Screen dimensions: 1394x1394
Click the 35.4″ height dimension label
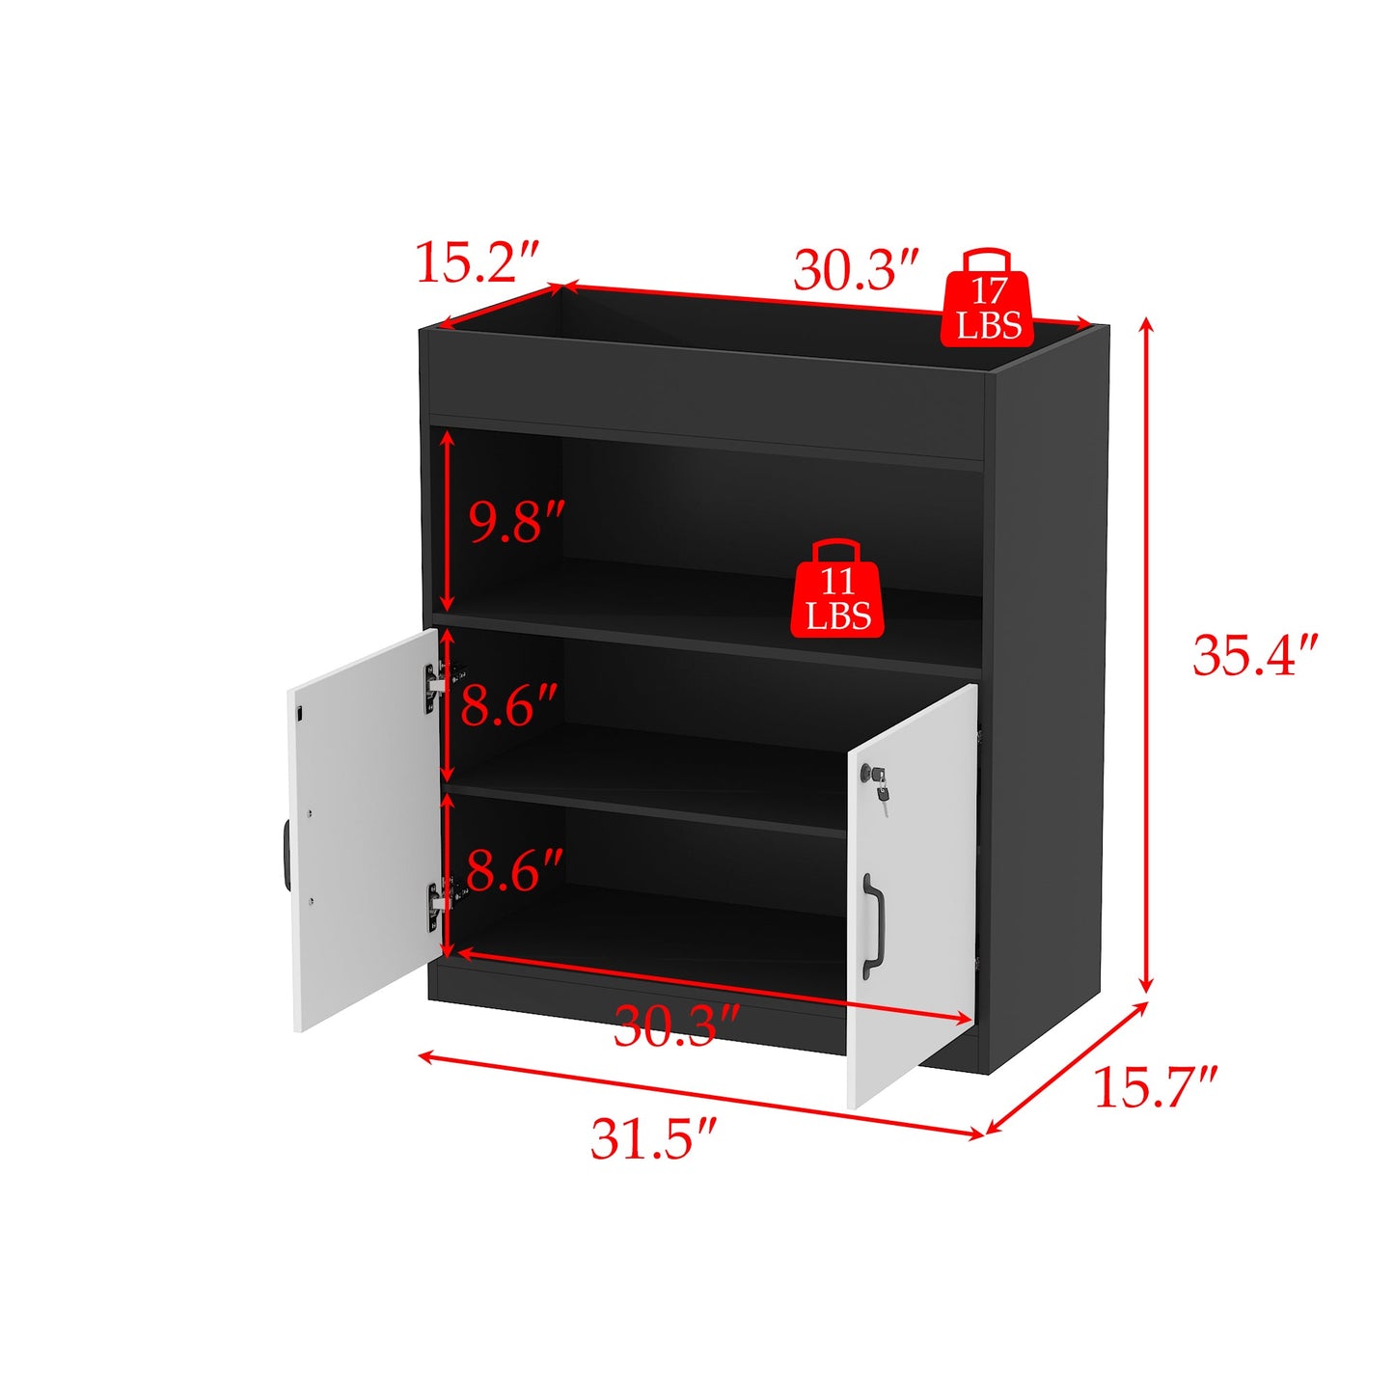tap(1253, 655)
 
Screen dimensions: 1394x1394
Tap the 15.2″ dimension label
tap(476, 262)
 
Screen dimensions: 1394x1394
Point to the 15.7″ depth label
tap(1155, 1087)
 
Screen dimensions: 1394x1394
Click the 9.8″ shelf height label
tap(514, 522)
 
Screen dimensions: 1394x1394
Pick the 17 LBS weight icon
tap(987, 301)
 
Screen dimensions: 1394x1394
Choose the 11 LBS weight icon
tap(836, 590)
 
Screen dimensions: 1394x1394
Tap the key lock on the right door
tap(877, 778)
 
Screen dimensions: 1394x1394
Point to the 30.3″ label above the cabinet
tap(855, 270)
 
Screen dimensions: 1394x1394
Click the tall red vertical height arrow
tap(1146, 656)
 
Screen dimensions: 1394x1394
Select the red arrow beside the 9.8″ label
tap(447, 520)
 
